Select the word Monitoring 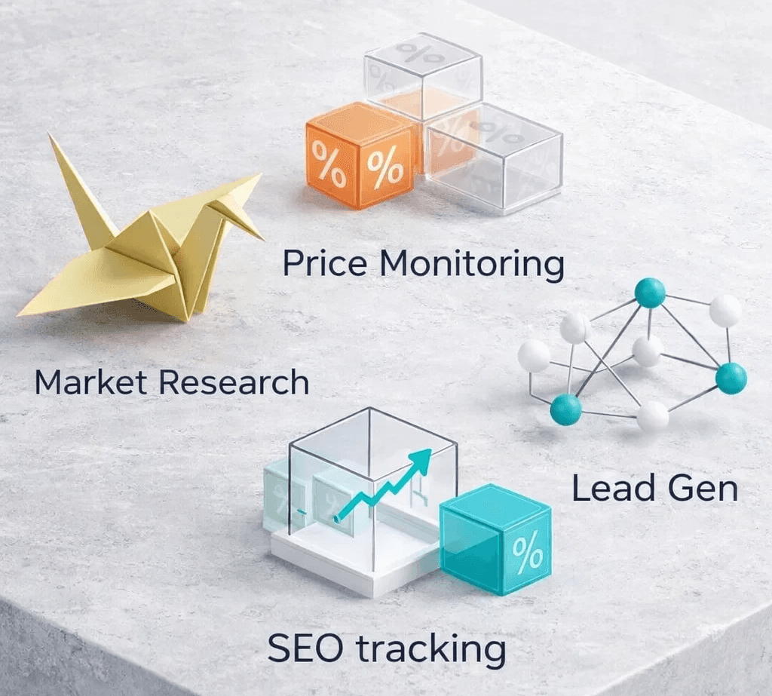tap(471, 266)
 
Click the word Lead tap(605, 489)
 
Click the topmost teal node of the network tap(649, 293)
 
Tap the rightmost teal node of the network tap(731, 378)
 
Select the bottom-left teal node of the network tap(565, 409)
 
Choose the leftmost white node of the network tap(534, 355)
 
